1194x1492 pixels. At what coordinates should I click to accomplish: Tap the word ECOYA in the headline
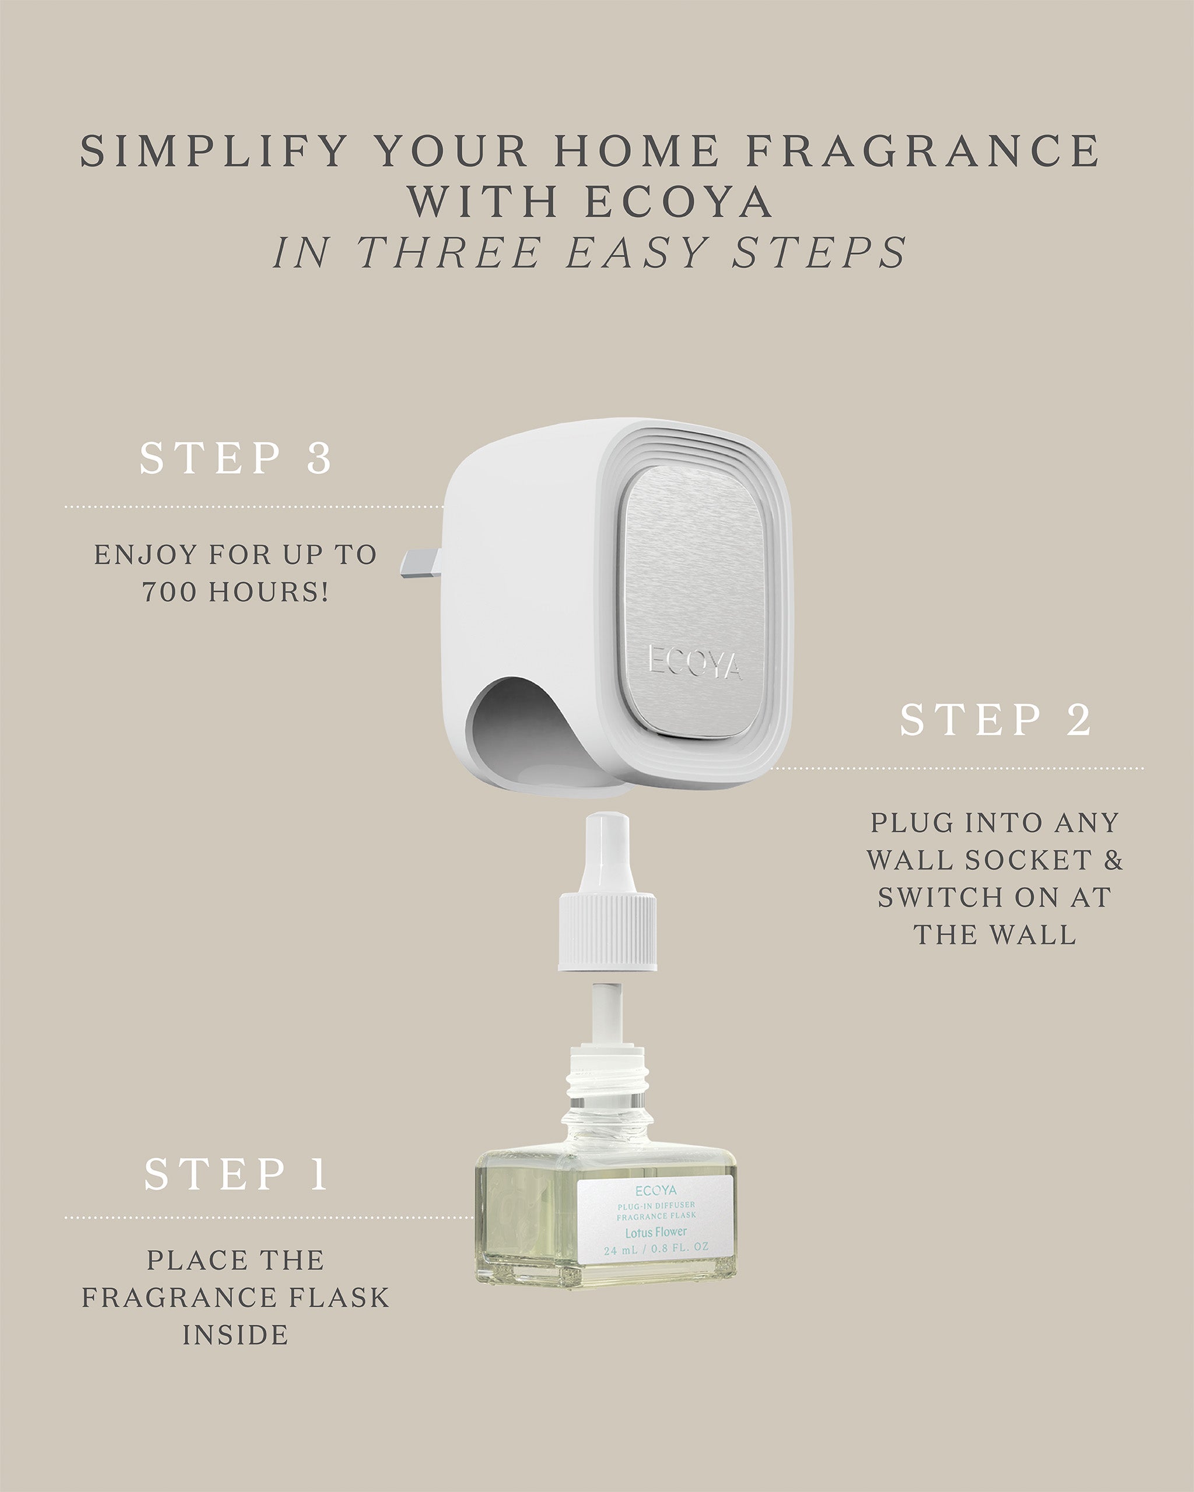tap(679, 202)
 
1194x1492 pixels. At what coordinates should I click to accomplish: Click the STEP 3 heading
tap(236, 458)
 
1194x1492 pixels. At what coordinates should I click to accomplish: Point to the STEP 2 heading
tap(995, 720)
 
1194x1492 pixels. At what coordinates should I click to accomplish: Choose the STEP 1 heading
tap(236, 1174)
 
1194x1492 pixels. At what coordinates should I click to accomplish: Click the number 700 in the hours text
tap(169, 592)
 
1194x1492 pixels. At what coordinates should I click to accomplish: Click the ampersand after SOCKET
tap(1113, 860)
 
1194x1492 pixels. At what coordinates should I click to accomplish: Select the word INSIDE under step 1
tap(236, 1335)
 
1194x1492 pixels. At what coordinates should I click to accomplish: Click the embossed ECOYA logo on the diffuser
tap(694, 662)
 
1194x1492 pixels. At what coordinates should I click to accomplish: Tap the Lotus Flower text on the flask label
tap(655, 1232)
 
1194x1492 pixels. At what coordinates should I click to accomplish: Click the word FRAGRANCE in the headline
tap(923, 151)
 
